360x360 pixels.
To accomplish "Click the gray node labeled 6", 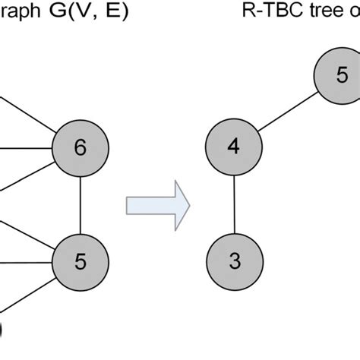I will [x=81, y=147].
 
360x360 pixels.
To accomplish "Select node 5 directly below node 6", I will [x=81, y=261].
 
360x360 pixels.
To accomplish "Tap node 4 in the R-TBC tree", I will [x=234, y=147].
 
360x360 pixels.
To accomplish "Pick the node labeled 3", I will [x=234, y=261].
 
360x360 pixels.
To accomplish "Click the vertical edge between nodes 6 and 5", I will [x=81, y=204].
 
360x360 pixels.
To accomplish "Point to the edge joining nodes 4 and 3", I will [x=234, y=204].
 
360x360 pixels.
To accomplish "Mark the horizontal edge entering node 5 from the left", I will [x=27, y=262].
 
